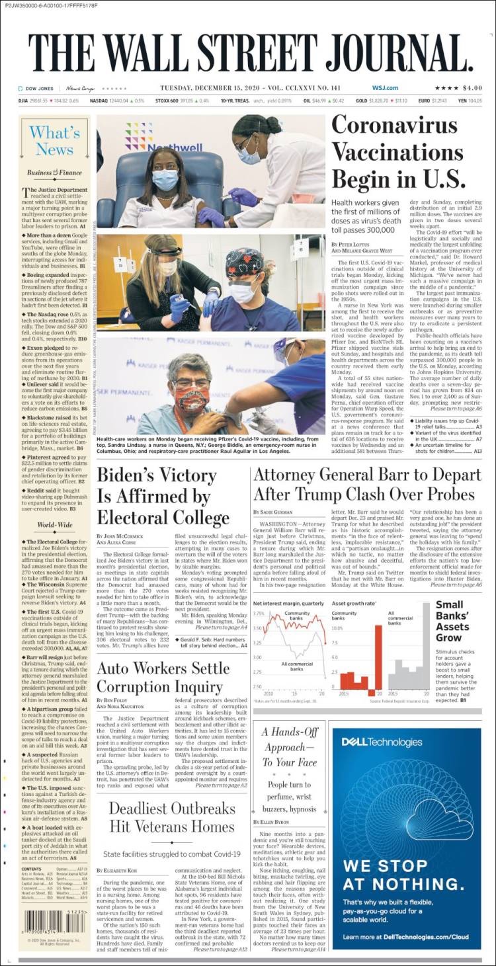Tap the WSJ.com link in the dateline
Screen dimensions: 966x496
coord(384,88)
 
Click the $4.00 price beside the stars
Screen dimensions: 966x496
coord(472,88)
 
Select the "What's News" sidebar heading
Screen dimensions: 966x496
coord(54,141)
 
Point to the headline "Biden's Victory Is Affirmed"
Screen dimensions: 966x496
coord(163,496)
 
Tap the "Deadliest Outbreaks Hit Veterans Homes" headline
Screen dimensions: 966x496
coord(171,817)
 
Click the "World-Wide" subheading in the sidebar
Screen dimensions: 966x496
coord(54,524)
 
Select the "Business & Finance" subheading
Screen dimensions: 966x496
coord(54,173)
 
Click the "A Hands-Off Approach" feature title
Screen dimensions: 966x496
coord(290,746)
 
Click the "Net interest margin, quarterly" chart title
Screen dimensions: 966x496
coord(289,604)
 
